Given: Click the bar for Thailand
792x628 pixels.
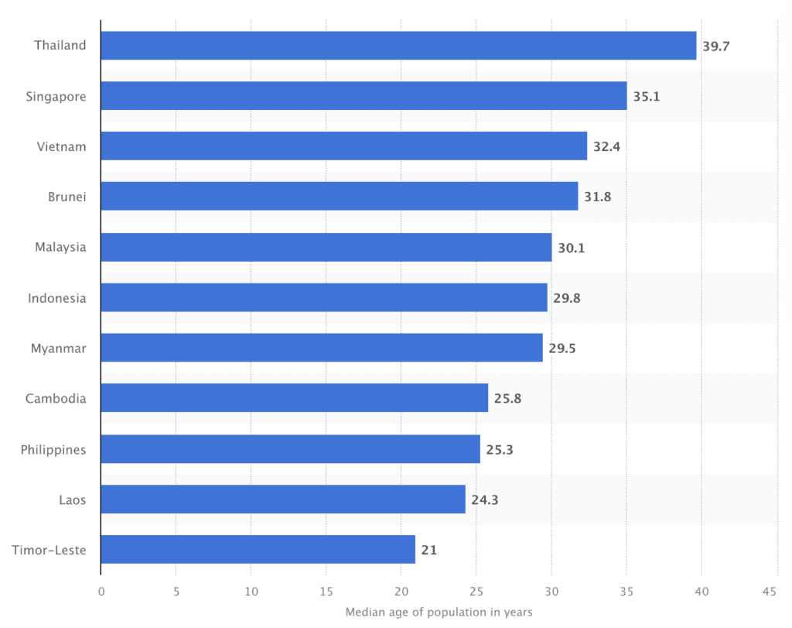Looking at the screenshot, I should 398,46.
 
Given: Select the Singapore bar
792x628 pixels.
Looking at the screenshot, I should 364,96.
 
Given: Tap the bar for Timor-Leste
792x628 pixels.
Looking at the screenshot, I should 258,550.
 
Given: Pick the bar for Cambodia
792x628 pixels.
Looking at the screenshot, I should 294,398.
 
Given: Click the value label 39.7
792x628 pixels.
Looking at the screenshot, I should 715,46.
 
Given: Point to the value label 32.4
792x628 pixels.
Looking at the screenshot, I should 606,146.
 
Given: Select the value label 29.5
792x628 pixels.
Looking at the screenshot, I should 562,348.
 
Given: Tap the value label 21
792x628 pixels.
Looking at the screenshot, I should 429,550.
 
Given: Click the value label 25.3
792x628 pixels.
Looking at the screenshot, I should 500,449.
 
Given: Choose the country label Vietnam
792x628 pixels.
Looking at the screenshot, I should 61,146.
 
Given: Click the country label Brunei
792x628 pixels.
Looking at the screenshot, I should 67,197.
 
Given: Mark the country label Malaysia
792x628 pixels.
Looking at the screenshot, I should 60,247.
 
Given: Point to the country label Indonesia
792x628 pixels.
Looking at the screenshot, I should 57,298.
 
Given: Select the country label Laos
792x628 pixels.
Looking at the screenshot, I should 73,499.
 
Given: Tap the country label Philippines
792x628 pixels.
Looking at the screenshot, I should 53,449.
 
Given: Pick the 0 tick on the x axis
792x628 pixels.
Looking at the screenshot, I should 101,592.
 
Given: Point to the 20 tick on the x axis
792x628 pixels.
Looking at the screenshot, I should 401,592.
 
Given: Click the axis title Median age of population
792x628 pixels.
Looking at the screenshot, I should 439,613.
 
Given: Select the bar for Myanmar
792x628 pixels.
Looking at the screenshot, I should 322,348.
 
